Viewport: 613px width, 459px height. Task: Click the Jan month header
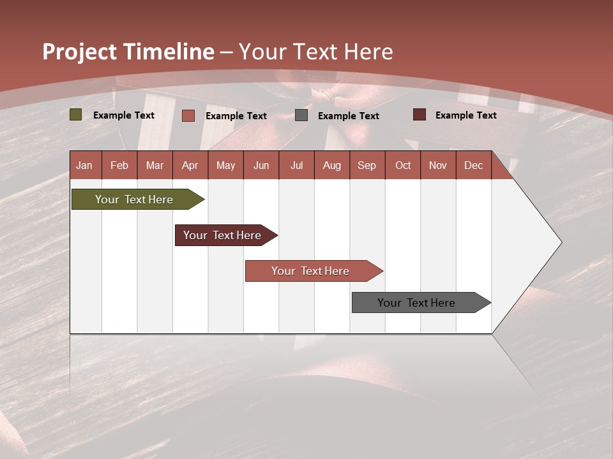point(84,165)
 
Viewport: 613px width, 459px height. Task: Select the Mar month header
point(155,165)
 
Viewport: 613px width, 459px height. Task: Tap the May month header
point(225,165)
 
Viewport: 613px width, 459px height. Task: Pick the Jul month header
point(296,165)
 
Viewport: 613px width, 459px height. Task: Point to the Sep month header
point(367,165)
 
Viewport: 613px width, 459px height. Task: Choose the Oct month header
point(403,165)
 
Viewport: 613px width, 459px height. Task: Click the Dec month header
point(473,165)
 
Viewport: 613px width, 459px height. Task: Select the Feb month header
point(119,165)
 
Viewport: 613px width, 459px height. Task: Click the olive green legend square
point(75,115)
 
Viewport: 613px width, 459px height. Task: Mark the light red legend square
point(188,115)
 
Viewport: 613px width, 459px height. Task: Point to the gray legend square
point(301,115)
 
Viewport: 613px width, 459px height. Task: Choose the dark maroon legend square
point(419,115)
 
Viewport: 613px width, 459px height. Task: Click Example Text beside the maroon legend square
point(465,115)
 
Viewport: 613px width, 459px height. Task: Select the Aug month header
point(331,165)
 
